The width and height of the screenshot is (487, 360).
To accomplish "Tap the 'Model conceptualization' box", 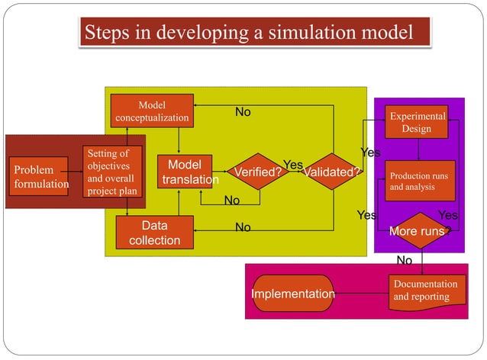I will point(152,111).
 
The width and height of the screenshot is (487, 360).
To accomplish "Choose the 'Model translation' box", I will point(184,172).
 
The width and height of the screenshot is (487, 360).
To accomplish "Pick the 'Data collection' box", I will point(154,233).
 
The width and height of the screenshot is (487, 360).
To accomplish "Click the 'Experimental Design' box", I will point(418,123).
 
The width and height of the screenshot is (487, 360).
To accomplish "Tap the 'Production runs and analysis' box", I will point(419,181).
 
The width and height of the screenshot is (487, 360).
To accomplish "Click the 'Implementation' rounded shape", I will point(292,294).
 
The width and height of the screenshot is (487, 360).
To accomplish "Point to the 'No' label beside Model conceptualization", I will point(243,112).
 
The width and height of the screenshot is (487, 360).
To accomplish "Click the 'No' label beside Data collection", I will point(243,227).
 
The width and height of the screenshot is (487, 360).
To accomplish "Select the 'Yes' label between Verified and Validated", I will point(293,165).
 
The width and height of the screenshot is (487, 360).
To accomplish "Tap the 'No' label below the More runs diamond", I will point(404,261).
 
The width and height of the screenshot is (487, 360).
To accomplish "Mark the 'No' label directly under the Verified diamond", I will point(231,201).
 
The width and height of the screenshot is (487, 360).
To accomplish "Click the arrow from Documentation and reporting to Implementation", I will point(361,294).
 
